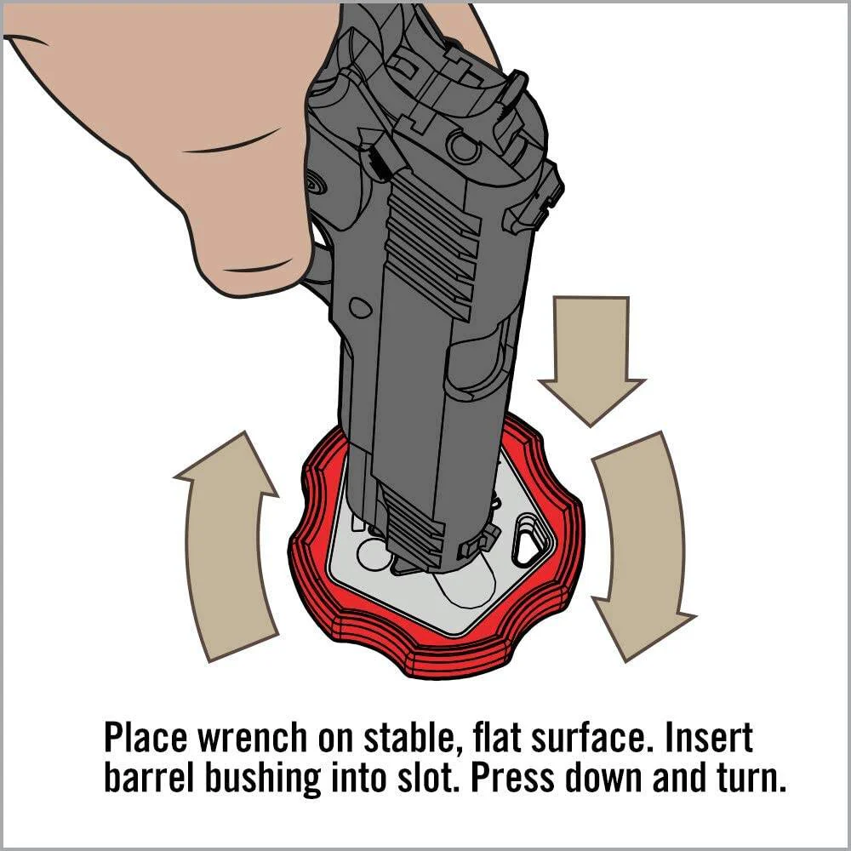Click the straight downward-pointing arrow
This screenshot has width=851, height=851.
[591, 358]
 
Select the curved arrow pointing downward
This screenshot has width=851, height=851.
[641, 543]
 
